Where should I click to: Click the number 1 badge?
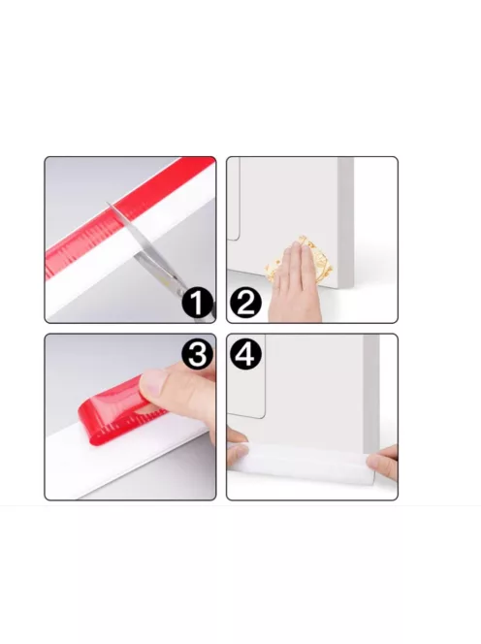198,304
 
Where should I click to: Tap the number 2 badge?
244,304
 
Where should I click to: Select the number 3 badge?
198,354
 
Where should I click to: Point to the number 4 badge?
244,354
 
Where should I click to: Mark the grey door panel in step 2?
291,209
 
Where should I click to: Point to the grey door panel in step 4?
310,388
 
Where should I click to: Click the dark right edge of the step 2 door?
346,223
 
